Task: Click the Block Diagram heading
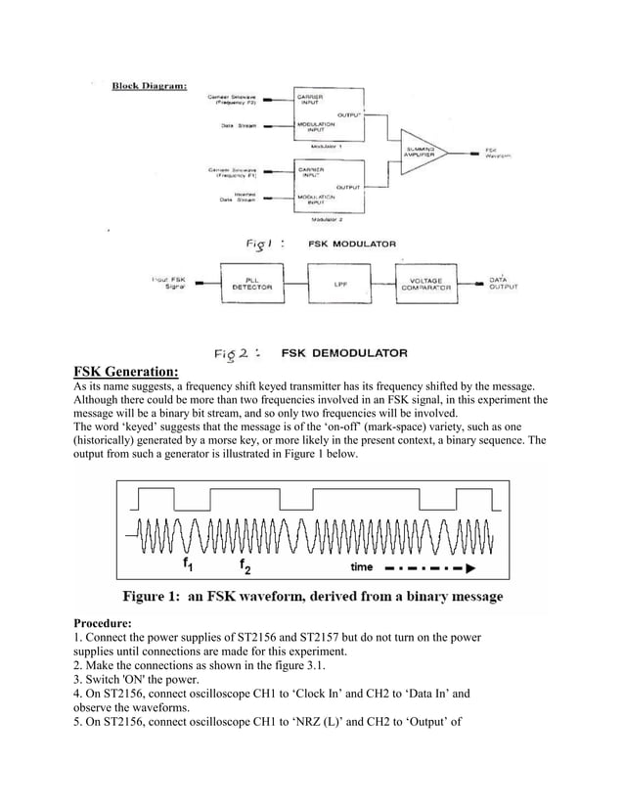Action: click(x=153, y=85)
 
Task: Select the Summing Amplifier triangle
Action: click(x=425, y=151)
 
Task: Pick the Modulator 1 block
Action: click(x=328, y=114)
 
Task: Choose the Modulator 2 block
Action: click(x=328, y=186)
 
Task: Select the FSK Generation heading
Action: click(x=126, y=371)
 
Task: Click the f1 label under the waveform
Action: click(x=187, y=565)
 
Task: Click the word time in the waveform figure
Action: click(x=363, y=566)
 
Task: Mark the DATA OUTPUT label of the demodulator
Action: click(x=503, y=284)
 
